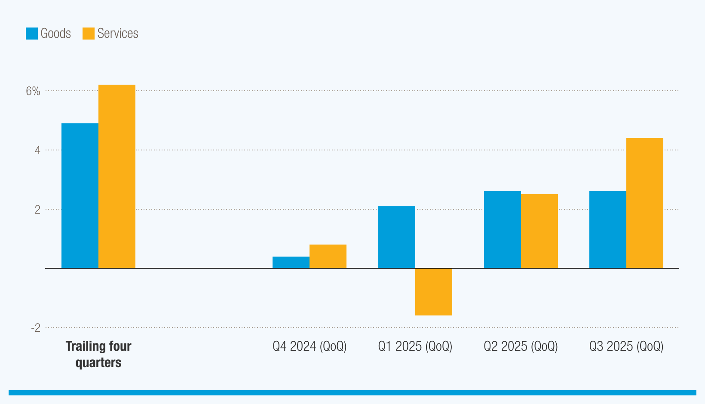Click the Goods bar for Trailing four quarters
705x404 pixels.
pyautogui.click(x=80, y=196)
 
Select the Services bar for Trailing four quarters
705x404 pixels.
pyautogui.click(x=117, y=176)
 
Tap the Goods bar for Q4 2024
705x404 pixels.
pyautogui.click(x=291, y=262)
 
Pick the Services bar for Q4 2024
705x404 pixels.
pyautogui.click(x=328, y=256)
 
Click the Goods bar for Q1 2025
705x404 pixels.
pyautogui.click(x=397, y=237)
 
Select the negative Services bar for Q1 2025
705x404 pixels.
pyautogui.click(x=434, y=292)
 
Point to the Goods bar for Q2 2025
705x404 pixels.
pyautogui.click(x=503, y=230)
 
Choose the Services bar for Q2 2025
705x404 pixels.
pyautogui.click(x=539, y=231)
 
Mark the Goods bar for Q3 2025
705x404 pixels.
pyautogui.click(x=608, y=230)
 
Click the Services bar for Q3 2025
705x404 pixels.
pyautogui.click(x=645, y=203)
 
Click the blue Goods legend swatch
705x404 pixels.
pyautogui.click(x=32, y=34)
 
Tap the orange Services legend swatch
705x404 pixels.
pyautogui.click(x=89, y=34)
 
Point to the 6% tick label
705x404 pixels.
pyautogui.click(x=33, y=91)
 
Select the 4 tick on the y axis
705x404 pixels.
pyautogui.click(x=38, y=150)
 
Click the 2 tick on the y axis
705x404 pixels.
pyautogui.click(x=38, y=210)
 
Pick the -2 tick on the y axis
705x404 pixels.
pyautogui.click(x=36, y=328)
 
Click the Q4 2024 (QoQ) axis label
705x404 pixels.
pyautogui.click(x=310, y=346)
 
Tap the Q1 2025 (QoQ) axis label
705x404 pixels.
pyautogui.click(x=415, y=346)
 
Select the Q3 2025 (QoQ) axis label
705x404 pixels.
pyautogui.click(x=626, y=346)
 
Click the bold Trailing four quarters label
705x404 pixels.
pyautogui.click(x=98, y=354)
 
